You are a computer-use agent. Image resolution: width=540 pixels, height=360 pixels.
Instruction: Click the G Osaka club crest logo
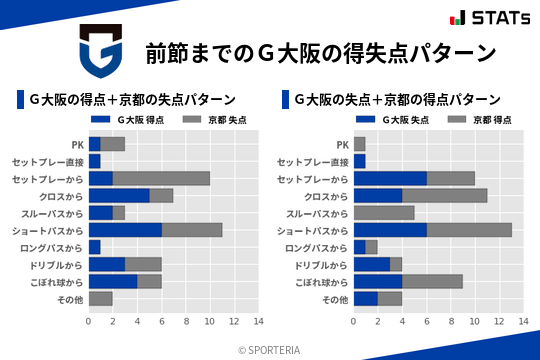point(100,52)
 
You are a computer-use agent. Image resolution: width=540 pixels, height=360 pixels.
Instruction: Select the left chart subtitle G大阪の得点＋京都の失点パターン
point(132,99)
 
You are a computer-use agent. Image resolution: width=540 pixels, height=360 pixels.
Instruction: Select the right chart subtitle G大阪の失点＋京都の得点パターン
point(397,99)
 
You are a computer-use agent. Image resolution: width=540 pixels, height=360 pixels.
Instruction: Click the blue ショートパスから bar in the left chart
point(125,229)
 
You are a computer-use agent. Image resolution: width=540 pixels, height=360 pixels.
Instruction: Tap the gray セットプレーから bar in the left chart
point(161,178)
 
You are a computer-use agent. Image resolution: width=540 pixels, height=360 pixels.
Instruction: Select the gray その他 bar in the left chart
point(100,298)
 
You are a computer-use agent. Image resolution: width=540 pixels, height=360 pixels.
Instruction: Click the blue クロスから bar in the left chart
point(119,195)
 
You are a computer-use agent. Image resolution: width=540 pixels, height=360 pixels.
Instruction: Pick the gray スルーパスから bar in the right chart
point(384,212)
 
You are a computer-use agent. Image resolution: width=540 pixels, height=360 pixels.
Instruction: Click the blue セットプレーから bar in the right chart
point(390,178)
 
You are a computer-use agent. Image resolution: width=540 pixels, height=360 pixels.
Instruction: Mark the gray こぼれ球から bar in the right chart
point(432,281)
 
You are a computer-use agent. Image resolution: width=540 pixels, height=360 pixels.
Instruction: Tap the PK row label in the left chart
point(77,144)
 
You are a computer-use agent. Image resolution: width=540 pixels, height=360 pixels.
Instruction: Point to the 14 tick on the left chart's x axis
point(258,321)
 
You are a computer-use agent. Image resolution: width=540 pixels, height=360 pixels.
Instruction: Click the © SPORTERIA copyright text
point(269,349)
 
